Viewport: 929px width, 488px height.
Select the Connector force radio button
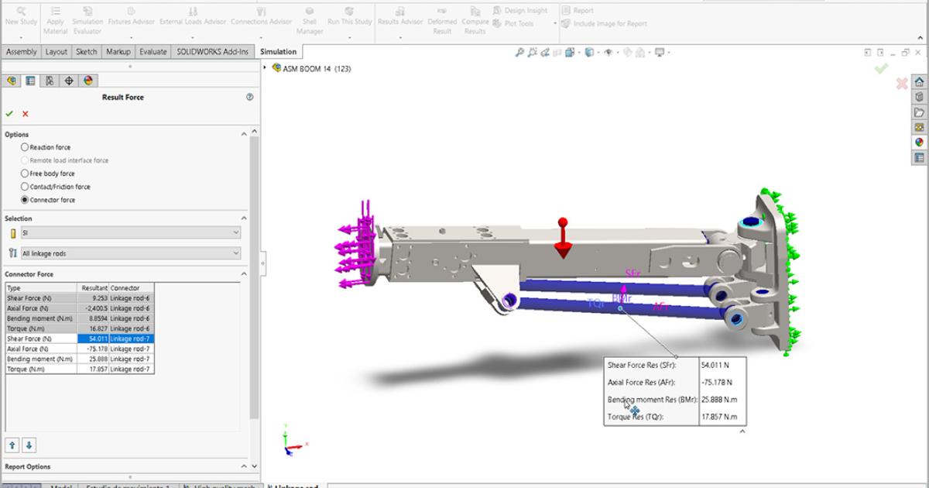click(25, 200)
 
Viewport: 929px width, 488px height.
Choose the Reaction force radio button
click(25, 147)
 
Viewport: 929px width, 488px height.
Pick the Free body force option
click(25, 174)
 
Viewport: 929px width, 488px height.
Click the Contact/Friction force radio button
click(25, 187)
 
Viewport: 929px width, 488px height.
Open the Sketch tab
click(86, 52)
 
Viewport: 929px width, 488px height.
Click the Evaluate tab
click(153, 52)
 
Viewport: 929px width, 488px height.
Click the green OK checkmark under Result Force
click(10, 114)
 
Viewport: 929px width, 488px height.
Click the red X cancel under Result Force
click(26, 114)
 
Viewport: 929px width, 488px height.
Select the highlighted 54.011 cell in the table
click(93, 339)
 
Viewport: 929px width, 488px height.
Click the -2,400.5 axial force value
click(94, 308)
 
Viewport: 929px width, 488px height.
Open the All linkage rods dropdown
click(130, 253)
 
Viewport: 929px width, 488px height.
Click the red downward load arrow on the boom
click(563, 240)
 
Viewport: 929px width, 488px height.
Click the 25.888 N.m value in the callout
click(718, 400)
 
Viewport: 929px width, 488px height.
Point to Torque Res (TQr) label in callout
click(636, 417)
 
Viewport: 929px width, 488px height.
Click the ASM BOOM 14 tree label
click(317, 68)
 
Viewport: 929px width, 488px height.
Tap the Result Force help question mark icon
click(249, 98)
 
